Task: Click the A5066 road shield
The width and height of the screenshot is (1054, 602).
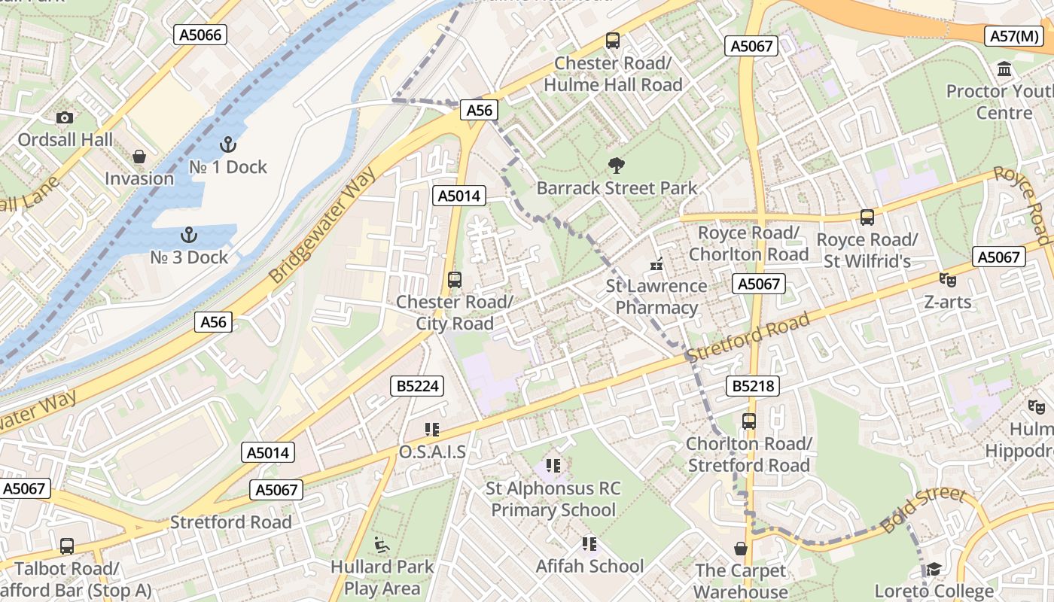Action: tap(200, 34)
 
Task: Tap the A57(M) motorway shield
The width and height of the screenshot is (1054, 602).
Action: tap(1014, 36)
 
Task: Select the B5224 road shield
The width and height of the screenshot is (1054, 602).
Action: tap(419, 386)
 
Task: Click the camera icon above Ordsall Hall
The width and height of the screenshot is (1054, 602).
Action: tap(65, 117)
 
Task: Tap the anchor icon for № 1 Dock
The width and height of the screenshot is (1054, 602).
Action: tap(227, 144)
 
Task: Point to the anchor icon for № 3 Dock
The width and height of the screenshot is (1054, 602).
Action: tap(188, 235)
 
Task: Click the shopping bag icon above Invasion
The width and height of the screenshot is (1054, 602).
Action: tap(139, 157)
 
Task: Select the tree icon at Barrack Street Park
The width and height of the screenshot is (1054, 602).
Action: tap(617, 166)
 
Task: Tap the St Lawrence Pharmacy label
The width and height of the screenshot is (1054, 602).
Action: tap(656, 296)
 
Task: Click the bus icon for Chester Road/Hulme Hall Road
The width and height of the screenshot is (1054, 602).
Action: tap(613, 41)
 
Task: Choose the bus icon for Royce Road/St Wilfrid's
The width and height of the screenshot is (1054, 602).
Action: tap(867, 217)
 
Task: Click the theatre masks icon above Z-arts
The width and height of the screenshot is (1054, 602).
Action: tap(948, 279)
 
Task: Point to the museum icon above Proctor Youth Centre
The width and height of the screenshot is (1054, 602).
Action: tap(1004, 69)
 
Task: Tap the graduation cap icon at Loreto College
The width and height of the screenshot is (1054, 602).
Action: tap(934, 569)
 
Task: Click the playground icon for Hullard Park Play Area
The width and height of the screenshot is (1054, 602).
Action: tap(382, 544)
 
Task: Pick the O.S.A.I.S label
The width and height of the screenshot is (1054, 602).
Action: tap(432, 451)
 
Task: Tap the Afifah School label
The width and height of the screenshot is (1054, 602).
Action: tap(589, 566)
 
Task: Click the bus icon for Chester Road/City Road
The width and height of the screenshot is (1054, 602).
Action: tap(455, 280)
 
